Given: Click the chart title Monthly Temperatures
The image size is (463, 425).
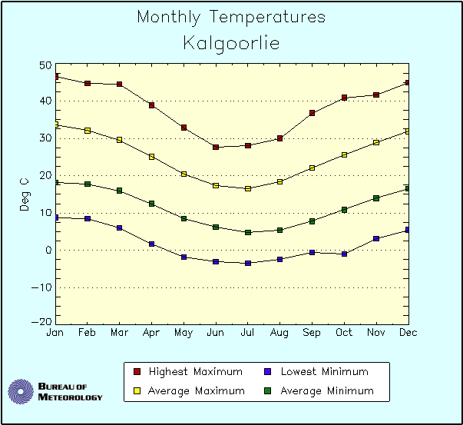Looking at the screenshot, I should point(231,17).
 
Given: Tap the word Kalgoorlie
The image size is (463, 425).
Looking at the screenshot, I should point(231,43).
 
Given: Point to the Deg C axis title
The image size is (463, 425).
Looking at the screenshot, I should point(25,194).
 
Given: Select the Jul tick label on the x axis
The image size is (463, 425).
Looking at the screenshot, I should point(248,332).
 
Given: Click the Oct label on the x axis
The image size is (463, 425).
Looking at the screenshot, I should point(344,332).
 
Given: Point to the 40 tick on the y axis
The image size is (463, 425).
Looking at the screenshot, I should point(45,101).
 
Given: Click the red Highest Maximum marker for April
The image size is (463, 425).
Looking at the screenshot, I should point(152,105).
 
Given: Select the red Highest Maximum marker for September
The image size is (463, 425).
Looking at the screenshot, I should point(313,113).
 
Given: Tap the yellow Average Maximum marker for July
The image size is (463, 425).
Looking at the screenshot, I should point(248,188).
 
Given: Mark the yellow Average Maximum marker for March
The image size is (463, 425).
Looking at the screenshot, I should point(120,140).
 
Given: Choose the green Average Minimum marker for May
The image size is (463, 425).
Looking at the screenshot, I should point(184,219).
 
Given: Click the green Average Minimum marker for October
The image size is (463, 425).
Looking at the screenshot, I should point(345,209).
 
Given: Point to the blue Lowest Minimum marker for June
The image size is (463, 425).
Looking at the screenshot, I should point(216,262).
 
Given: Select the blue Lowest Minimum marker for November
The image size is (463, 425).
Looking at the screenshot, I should point(376,238).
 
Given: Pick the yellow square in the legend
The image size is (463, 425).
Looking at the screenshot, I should point(137,391).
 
